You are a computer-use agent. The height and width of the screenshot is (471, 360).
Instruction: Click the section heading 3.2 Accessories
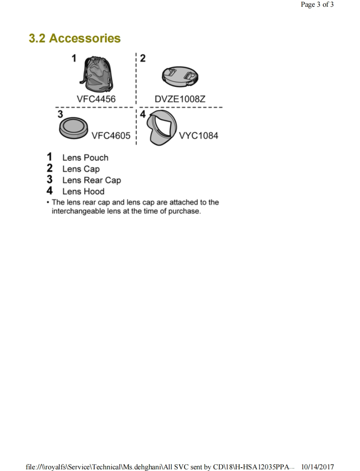[75, 38]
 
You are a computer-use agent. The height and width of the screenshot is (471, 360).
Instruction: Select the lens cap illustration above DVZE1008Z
[180, 76]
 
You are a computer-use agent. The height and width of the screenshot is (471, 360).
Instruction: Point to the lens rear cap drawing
[74, 127]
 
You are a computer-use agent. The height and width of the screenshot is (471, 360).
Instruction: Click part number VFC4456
[96, 99]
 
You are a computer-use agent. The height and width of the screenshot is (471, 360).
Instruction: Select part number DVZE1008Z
[180, 99]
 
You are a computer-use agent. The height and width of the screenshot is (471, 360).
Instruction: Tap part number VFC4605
[111, 136]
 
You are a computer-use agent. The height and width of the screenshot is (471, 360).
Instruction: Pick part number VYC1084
[198, 136]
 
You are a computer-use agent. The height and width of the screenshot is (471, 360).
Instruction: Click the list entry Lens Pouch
[85, 158]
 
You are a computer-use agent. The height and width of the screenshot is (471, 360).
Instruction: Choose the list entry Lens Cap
[81, 169]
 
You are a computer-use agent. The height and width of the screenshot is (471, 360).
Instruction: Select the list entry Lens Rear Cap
[91, 181]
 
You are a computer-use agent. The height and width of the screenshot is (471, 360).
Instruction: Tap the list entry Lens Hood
[83, 192]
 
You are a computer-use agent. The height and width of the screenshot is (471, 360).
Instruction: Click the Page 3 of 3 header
[317, 5]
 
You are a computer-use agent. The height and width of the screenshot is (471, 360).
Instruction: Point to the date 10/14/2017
[318, 467]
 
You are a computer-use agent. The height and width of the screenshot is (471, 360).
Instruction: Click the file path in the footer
[159, 467]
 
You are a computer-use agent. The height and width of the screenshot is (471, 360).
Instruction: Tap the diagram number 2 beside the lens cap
[143, 58]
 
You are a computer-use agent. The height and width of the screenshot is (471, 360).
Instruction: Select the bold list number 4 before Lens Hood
[50, 191]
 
